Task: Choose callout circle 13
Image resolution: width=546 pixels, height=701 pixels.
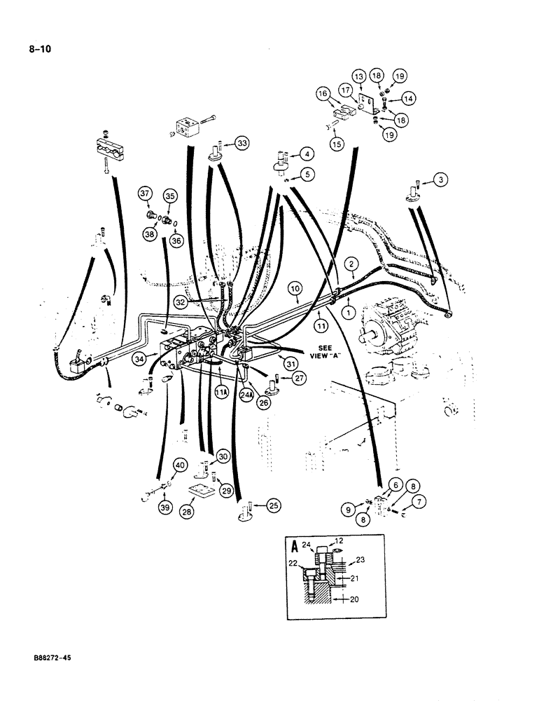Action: (x=358, y=75)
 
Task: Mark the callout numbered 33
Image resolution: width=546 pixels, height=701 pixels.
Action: (x=241, y=144)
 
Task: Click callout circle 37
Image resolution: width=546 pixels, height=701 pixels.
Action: (x=145, y=193)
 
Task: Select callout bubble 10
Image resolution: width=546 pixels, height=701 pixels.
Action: (x=295, y=289)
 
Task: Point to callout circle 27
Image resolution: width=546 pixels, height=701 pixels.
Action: (x=299, y=379)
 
